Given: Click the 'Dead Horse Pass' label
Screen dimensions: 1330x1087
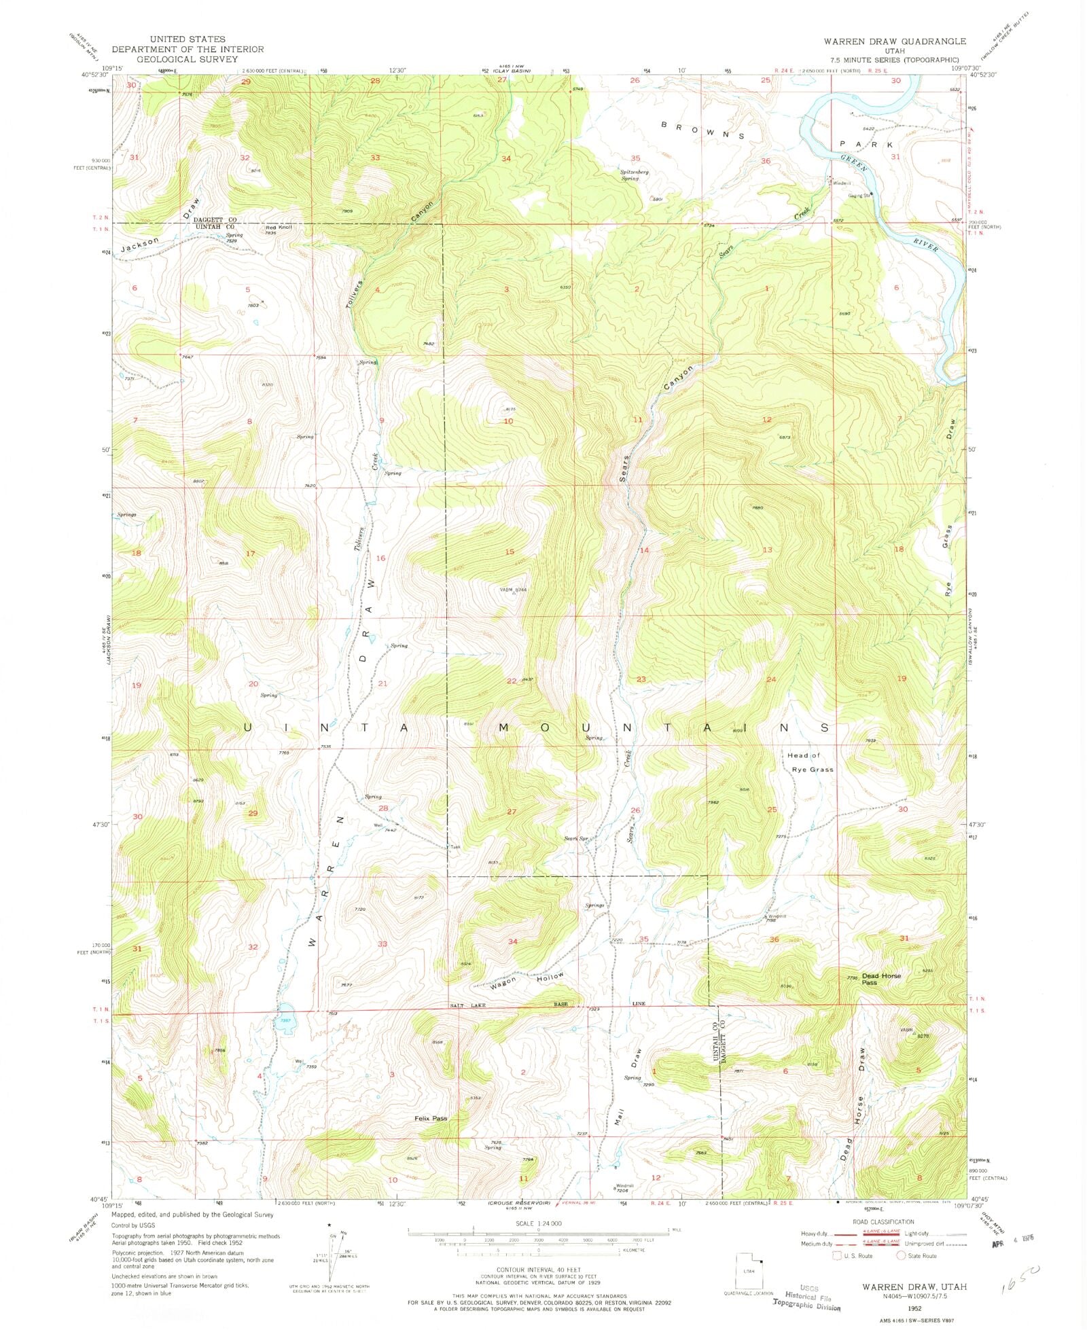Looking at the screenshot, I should tap(881, 979).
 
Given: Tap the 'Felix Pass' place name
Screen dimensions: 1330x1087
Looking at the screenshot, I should tap(431, 1118).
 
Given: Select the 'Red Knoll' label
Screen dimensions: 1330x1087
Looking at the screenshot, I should tap(279, 227).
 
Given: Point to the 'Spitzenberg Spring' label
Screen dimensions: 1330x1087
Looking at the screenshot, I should tap(634, 175).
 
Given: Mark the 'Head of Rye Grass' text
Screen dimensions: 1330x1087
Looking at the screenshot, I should tap(810, 762).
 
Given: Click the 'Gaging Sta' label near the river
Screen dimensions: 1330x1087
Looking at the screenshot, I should tap(858, 196).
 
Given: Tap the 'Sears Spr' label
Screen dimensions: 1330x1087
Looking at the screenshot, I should tap(575, 838).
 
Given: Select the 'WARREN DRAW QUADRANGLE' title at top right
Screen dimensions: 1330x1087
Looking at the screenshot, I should tap(895, 41).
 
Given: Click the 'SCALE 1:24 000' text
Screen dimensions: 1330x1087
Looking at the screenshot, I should tap(538, 1223).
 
